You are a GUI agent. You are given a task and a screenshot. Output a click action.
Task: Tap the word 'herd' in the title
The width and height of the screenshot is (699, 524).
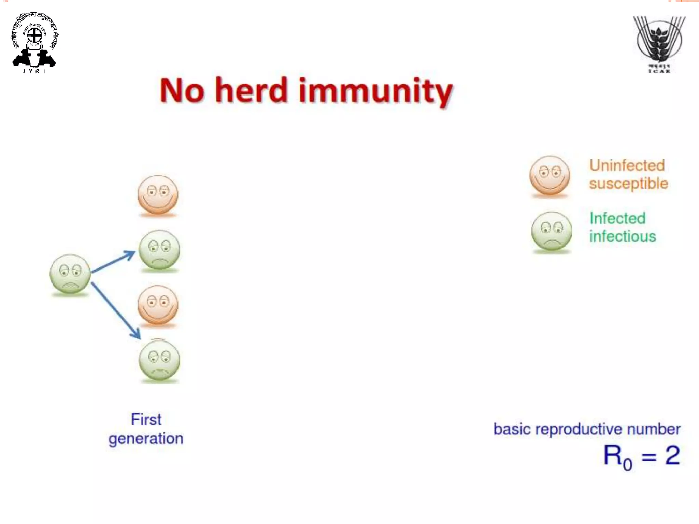pyautogui.click(x=252, y=90)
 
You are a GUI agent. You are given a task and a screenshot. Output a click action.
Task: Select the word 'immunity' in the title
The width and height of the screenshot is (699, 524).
pyautogui.click(x=375, y=91)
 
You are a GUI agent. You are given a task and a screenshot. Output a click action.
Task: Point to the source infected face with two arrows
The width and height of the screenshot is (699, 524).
pyautogui.click(x=70, y=274)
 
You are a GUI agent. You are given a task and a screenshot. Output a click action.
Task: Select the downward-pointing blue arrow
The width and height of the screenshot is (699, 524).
pyautogui.click(x=116, y=311)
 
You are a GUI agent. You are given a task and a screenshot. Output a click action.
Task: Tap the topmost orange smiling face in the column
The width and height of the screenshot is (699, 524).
pyautogui.click(x=158, y=195)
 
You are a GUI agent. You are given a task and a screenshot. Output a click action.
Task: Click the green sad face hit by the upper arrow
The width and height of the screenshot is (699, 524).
pyautogui.click(x=159, y=250)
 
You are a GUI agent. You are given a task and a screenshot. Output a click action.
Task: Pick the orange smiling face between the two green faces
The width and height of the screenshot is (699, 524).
pyautogui.click(x=158, y=305)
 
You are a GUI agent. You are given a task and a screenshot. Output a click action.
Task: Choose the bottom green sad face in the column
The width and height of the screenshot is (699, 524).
pyautogui.click(x=159, y=360)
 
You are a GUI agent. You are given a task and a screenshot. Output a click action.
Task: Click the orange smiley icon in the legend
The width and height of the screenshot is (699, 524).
pyautogui.click(x=550, y=176)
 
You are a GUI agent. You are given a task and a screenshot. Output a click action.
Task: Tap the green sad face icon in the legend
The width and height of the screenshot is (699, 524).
pyautogui.click(x=551, y=232)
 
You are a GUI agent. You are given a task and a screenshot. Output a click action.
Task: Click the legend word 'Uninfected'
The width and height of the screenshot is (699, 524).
pyautogui.click(x=627, y=165)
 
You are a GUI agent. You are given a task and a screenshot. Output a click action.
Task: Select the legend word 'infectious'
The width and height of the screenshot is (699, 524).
pyautogui.click(x=623, y=236)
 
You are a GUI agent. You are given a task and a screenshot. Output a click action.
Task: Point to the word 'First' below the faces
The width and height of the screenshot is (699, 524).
pyautogui.click(x=146, y=419)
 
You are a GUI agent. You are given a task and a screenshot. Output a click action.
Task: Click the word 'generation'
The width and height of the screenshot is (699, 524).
pyautogui.click(x=146, y=439)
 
